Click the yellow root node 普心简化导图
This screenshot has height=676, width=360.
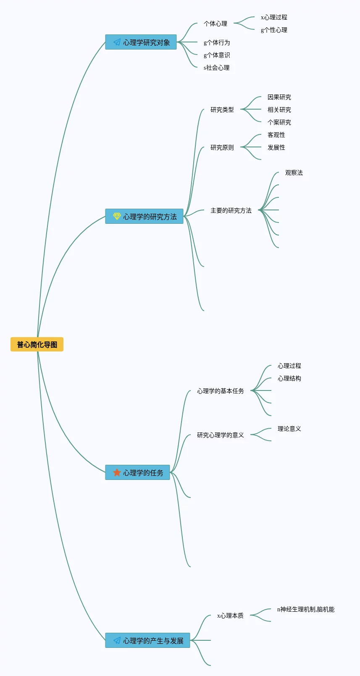point(37,345)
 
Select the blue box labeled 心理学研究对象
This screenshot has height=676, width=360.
point(141,42)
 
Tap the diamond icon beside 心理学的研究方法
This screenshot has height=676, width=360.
point(117,216)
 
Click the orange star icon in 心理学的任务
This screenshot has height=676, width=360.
point(117,472)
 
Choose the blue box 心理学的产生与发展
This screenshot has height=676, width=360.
point(147,641)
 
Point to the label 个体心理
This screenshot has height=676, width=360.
point(215,24)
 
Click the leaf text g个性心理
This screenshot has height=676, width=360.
point(274,30)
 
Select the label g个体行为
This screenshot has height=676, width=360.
point(217,42)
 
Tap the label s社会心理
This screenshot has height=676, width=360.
point(216,68)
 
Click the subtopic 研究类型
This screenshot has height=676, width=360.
point(222,110)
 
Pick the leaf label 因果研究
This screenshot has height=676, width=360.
point(279,97)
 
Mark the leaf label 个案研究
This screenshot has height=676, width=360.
point(279,122)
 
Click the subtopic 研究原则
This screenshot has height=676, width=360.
point(222,147)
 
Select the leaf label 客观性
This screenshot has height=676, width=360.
point(276,135)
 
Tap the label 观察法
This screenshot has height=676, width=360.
point(294,173)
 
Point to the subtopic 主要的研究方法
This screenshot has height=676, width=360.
point(231,210)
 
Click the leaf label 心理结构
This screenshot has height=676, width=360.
point(289,378)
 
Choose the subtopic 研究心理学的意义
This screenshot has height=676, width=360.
point(221,435)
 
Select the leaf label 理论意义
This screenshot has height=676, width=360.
point(289,429)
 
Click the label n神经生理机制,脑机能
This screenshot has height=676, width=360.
point(306,609)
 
